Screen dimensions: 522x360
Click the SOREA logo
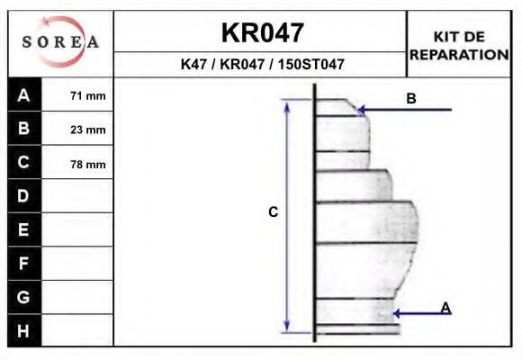(x=60, y=42)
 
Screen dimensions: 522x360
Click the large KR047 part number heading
(x=263, y=32)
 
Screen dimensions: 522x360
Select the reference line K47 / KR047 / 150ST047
(x=262, y=64)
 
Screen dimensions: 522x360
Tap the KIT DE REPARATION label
(x=459, y=46)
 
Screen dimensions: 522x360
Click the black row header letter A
(x=23, y=95)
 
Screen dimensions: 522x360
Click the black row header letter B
(x=23, y=128)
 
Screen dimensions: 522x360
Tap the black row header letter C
(x=23, y=162)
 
